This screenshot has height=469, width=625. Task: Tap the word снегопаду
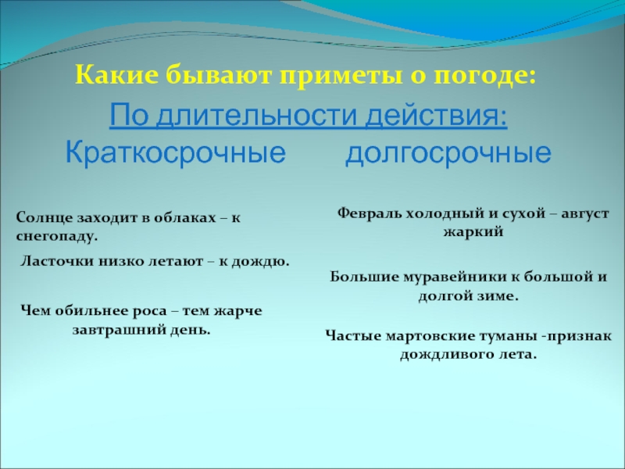point(57,234)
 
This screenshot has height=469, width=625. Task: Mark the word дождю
point(263,261)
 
